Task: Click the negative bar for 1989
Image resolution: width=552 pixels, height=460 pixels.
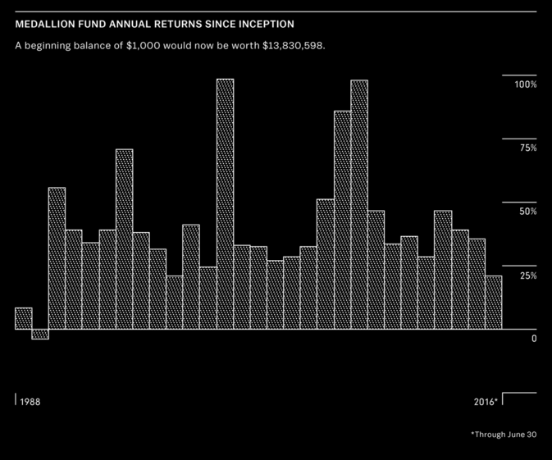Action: [40, 334]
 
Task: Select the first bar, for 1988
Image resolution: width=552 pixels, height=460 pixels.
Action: [23, 319]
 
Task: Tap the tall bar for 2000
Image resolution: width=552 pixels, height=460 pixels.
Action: [225, 204]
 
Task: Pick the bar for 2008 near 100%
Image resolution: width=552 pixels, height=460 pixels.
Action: [358, 205]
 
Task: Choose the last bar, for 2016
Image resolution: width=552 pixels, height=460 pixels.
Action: [493, 303]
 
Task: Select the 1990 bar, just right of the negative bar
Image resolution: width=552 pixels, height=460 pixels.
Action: [57, 258]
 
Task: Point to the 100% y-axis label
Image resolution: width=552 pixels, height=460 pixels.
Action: [525, 85]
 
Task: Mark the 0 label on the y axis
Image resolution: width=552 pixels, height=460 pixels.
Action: [533, 339]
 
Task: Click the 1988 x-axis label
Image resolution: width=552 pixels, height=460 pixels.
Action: [30, 403]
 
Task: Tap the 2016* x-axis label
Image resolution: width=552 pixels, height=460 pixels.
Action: [486, 403]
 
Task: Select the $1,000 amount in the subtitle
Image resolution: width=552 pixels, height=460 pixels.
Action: [145, 46]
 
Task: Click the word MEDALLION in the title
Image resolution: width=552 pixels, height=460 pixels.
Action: [45, 25]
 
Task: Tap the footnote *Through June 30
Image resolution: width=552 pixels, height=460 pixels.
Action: [504, 435]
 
